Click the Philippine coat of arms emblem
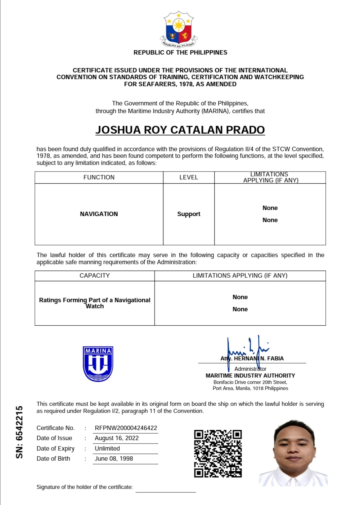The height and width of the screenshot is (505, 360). tap(179, 30)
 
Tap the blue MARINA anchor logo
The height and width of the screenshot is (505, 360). tap(98, 364)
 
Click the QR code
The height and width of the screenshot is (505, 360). tap(218, 453)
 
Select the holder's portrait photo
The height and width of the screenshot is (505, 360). tap(293, 453)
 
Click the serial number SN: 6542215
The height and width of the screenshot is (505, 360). tap(20, 432)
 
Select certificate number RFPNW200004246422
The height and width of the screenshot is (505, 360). tap(126, 428)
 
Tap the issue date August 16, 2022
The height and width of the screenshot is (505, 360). tap(116, 438)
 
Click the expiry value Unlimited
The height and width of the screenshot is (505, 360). tap(107, 448)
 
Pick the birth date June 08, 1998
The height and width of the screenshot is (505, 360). tap(114, 459)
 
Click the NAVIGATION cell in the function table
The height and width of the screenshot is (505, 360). tap(99, 214)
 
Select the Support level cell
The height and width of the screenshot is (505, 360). tap(189, 214)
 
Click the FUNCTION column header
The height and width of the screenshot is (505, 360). tap(99, 177)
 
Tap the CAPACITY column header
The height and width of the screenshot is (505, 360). tap(95, 276)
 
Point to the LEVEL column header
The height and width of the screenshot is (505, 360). tap(189, 177)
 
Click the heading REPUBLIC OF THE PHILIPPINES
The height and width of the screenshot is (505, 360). tap(180, 52)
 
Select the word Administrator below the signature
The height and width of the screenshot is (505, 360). tap(250, 369)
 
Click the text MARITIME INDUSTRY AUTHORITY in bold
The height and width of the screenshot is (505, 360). tap(250, 375)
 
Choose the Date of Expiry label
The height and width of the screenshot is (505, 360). tap(56, 448)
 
